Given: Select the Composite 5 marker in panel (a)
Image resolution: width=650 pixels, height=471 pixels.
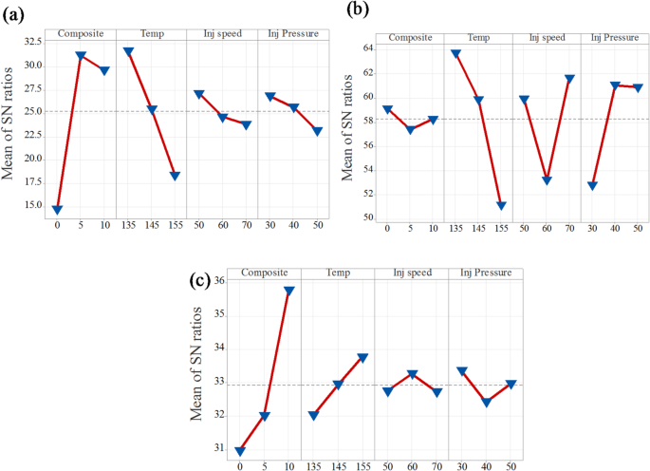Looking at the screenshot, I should (81, 57).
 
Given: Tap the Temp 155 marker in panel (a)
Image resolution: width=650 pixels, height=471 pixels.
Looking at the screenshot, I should (175, 176).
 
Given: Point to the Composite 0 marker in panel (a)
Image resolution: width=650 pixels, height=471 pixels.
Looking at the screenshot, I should (57, 210).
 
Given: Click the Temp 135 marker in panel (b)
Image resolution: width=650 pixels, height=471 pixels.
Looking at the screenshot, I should (455, 54).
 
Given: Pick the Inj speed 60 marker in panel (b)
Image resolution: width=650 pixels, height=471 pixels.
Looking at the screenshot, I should (547, 180).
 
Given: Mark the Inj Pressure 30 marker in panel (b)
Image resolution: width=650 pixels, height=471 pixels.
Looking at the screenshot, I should (593, 185).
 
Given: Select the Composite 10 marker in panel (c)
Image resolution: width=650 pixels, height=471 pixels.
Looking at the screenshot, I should (289, 291).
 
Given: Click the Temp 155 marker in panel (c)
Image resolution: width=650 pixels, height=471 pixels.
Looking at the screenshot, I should (362, 358).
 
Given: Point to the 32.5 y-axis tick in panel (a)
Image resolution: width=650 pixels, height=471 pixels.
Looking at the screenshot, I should (33, 42).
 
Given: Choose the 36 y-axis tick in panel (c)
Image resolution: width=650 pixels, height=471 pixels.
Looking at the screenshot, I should (219, 281).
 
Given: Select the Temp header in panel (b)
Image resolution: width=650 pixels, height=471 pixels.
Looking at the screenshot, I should (478, 38).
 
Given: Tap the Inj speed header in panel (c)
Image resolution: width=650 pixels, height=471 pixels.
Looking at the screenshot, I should (411, 273).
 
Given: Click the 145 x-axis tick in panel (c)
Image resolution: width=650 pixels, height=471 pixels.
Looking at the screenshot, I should (338, 466).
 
